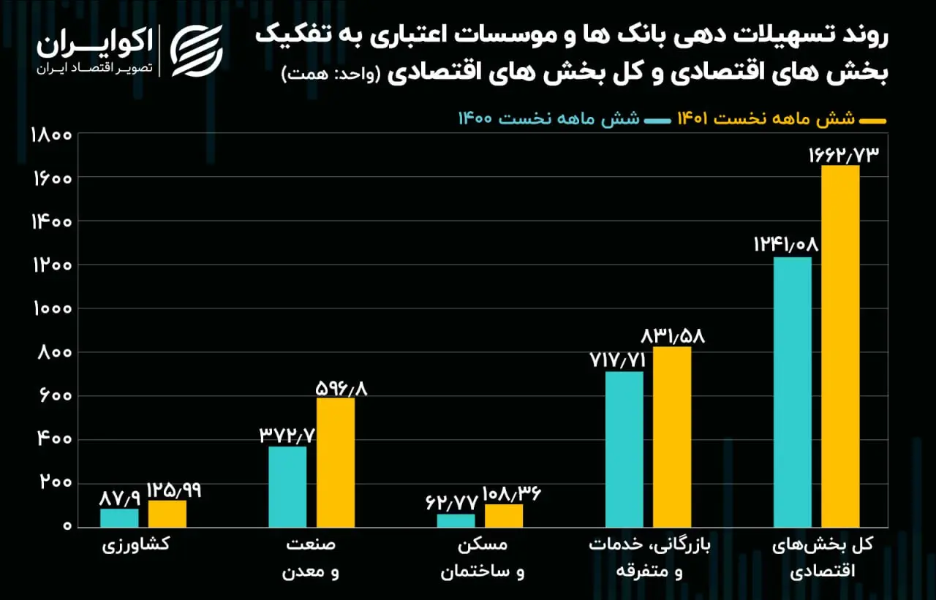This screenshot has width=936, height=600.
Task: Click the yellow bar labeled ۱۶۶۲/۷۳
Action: (840, 346)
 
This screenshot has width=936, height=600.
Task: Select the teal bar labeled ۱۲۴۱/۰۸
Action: (792, 392)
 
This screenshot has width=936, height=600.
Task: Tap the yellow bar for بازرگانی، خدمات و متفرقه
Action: (672, 437)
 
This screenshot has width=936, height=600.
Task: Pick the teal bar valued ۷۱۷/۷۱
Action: (624, 449)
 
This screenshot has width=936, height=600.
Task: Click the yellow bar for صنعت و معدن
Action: (336, 462)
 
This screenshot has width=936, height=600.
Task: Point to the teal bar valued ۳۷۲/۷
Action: (287, 487)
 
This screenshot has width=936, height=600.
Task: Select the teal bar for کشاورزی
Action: (119, 517)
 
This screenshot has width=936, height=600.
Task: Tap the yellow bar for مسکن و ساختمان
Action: (504, 516)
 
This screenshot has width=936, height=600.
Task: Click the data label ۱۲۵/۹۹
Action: (174, 490)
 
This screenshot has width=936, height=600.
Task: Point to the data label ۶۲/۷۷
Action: (452, 502)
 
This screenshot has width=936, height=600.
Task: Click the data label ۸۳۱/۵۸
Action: (673, 336)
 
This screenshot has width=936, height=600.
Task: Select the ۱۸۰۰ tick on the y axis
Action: (51, 136)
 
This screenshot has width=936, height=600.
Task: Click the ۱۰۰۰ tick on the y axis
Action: (53, 309)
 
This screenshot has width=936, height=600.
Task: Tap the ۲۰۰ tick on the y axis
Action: (56, 482)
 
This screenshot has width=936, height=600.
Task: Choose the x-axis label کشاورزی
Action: (136, 544)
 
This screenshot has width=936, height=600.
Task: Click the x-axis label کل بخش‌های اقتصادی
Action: (823, 558)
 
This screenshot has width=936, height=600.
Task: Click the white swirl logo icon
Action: (197, 51)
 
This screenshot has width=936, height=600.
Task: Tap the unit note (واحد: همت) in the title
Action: (331, 75)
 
